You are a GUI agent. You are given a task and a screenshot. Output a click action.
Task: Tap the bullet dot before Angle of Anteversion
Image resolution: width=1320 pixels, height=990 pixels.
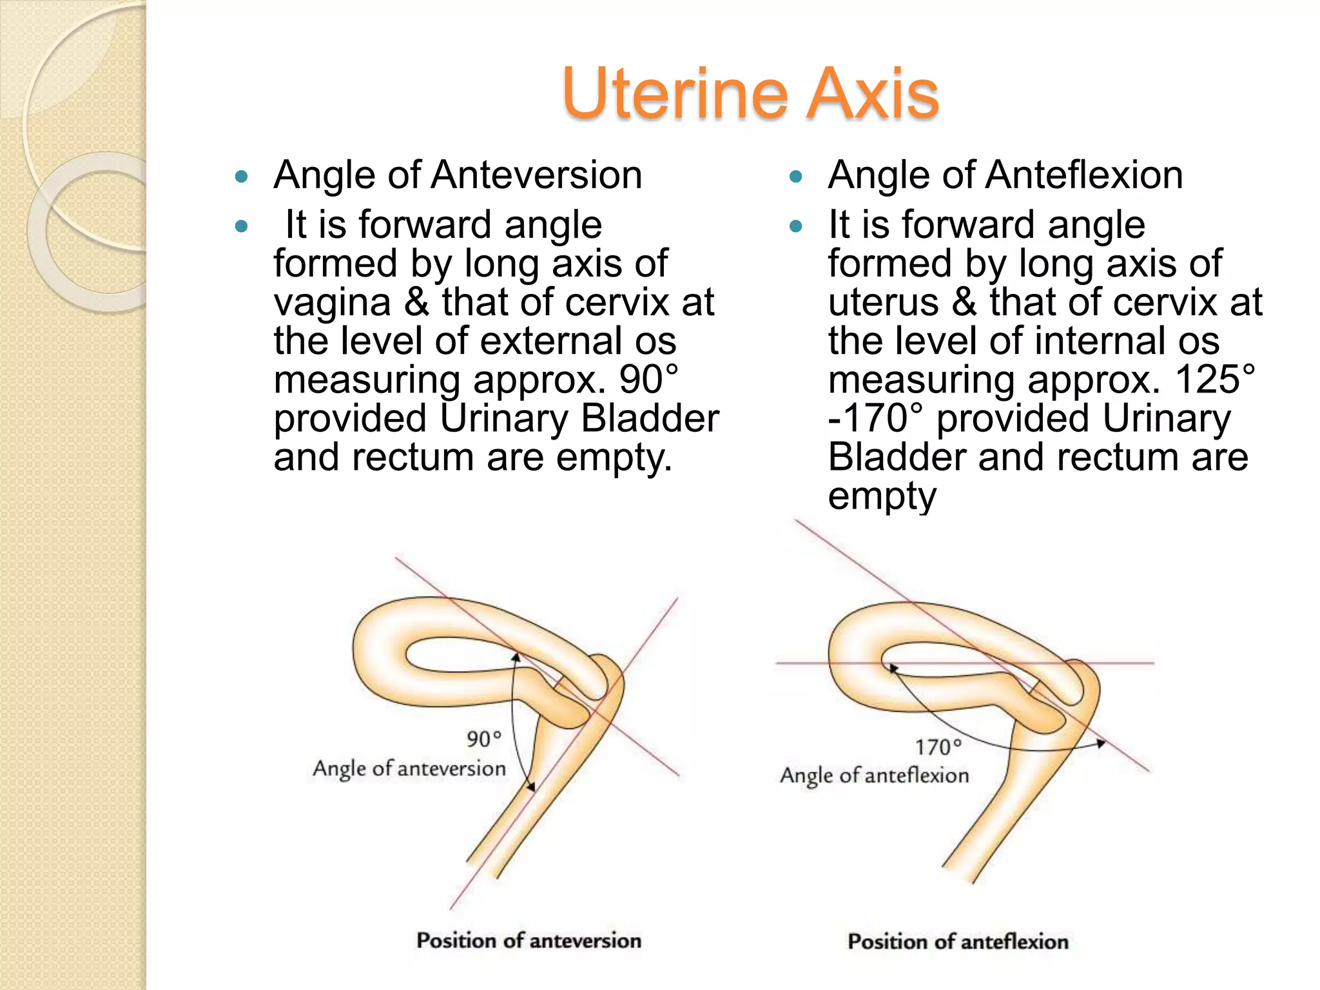coord(242,176)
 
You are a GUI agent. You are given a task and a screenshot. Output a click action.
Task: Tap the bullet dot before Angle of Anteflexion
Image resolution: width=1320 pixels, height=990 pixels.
coord(796,176)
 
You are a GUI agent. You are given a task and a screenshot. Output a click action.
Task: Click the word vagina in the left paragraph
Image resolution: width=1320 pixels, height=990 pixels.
coord(332,303)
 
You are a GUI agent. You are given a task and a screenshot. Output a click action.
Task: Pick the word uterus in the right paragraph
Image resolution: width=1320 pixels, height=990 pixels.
coord(884,303)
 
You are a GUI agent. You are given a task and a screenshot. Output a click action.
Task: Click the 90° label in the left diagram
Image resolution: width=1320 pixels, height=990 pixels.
coord(483,739)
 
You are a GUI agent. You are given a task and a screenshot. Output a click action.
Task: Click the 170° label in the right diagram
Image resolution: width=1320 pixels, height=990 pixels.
coord(938,747)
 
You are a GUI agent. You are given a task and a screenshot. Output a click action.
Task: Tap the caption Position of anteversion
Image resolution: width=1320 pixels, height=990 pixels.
coord(529,940)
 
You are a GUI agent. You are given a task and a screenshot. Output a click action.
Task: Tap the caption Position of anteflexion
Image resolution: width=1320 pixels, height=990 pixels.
coord(958,942)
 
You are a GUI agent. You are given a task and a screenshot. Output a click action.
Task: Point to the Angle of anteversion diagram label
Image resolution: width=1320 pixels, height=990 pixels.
coord(409,768)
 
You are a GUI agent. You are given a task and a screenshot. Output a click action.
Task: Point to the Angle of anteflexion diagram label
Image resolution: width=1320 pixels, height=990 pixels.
coord(875,775)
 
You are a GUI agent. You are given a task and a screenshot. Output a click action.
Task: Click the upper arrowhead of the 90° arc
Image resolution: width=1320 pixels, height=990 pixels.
coord(516,657)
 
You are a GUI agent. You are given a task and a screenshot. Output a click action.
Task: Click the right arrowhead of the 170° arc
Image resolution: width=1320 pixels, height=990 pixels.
coord(1102,744)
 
